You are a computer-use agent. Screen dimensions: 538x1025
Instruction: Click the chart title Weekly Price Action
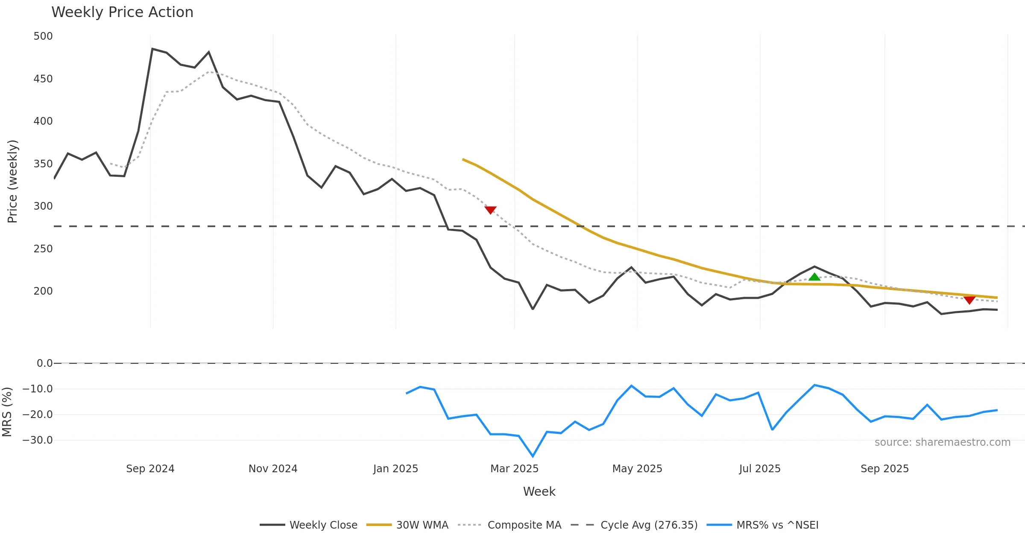click(x=122, y=12)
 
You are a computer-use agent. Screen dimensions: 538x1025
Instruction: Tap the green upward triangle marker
click(x=814, y=277)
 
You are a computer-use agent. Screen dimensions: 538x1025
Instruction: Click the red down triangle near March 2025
click(x=490, y=210)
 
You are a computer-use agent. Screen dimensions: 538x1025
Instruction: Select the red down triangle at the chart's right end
click(x=969, y=299)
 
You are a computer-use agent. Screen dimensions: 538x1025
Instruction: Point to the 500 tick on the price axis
click(x=43, y=36)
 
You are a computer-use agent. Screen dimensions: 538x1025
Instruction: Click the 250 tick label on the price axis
click(x=43, y=249)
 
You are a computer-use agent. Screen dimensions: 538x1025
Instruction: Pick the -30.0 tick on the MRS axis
click(x=38, y=440)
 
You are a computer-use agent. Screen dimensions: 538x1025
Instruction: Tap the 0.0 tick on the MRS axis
click(x=44, y=363)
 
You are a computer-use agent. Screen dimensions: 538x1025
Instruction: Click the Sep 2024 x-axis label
click(x=150, y=469)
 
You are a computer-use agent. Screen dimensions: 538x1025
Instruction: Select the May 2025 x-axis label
click(x=637, y=469)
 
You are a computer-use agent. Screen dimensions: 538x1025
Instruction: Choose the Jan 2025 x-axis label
click(x=395, y=469)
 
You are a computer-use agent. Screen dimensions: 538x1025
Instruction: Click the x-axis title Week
click(x=539, y=492)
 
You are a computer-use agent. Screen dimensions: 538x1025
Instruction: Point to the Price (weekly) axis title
click(x=12, y=181)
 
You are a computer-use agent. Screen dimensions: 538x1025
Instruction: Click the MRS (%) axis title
click(x=7, y=412)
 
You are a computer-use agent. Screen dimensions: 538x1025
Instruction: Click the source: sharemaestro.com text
click(x=942, y=442)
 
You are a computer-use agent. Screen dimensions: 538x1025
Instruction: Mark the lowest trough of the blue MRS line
click(x=533, y=456)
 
